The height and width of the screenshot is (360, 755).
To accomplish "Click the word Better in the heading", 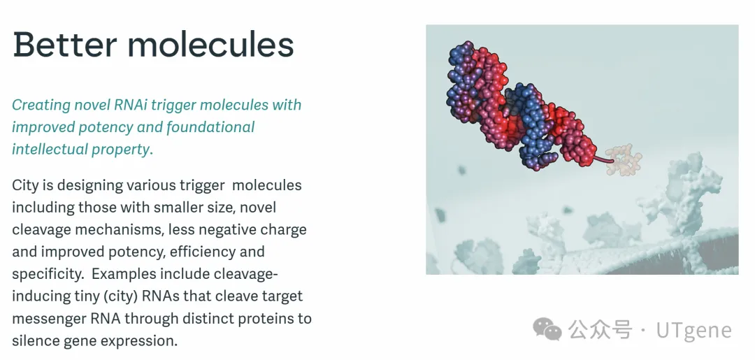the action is (x=65, y=44).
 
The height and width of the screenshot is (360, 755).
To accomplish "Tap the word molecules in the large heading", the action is (x=211, y=44).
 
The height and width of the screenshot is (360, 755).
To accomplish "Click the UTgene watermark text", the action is (x=694, y=330).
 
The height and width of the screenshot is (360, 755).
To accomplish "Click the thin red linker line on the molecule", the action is (x=603, y=159).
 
